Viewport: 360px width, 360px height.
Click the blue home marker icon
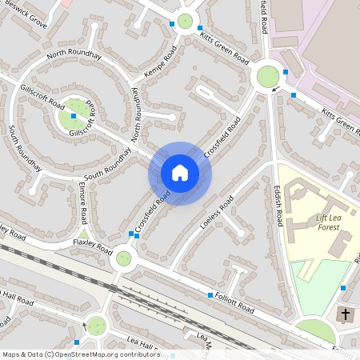coord(180,173)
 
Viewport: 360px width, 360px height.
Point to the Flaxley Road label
coord(92,244)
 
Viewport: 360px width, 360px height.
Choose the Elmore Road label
coord(83,206)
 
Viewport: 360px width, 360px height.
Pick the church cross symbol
coord(346,314)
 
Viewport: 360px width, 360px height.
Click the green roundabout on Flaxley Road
coord(123,258)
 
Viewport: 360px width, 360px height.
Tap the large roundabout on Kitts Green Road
coord(267,77)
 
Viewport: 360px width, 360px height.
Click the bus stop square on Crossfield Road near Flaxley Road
coord(132,234)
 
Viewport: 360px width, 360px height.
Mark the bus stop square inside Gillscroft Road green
coord(74,117)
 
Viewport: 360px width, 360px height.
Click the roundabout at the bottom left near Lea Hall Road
coord(96,325)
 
